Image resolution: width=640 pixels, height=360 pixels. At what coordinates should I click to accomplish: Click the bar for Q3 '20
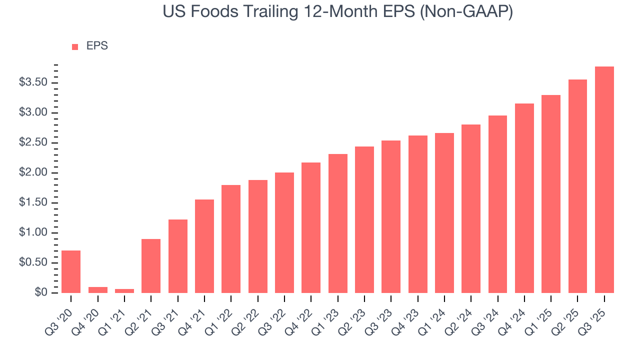coord(71,271)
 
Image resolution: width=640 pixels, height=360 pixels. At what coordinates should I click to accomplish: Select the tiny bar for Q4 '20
coord(97,290)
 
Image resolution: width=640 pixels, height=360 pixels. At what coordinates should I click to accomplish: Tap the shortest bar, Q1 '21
coord(124,291)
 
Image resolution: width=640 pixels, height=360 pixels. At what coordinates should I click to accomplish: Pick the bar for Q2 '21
coord(151,266)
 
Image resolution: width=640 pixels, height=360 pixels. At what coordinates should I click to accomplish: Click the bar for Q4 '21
coord(204,246)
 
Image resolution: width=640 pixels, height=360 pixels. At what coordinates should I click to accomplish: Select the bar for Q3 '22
coord(284,232)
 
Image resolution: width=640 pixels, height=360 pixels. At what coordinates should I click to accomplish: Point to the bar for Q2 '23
coord(364,219)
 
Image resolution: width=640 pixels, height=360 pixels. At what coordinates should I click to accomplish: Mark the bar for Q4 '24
coord(524,198)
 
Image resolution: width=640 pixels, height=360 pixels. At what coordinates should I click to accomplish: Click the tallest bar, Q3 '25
coord(604,180)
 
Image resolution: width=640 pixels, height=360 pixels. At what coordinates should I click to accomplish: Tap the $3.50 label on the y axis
coord(33,82)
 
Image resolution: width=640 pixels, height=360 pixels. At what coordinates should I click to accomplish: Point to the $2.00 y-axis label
coord(33,172)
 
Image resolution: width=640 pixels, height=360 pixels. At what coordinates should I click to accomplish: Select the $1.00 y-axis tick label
coord(33,232)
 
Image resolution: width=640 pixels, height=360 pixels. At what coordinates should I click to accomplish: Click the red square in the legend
coord(75,46)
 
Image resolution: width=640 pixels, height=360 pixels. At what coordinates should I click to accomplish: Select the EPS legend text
coord(97,46)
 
